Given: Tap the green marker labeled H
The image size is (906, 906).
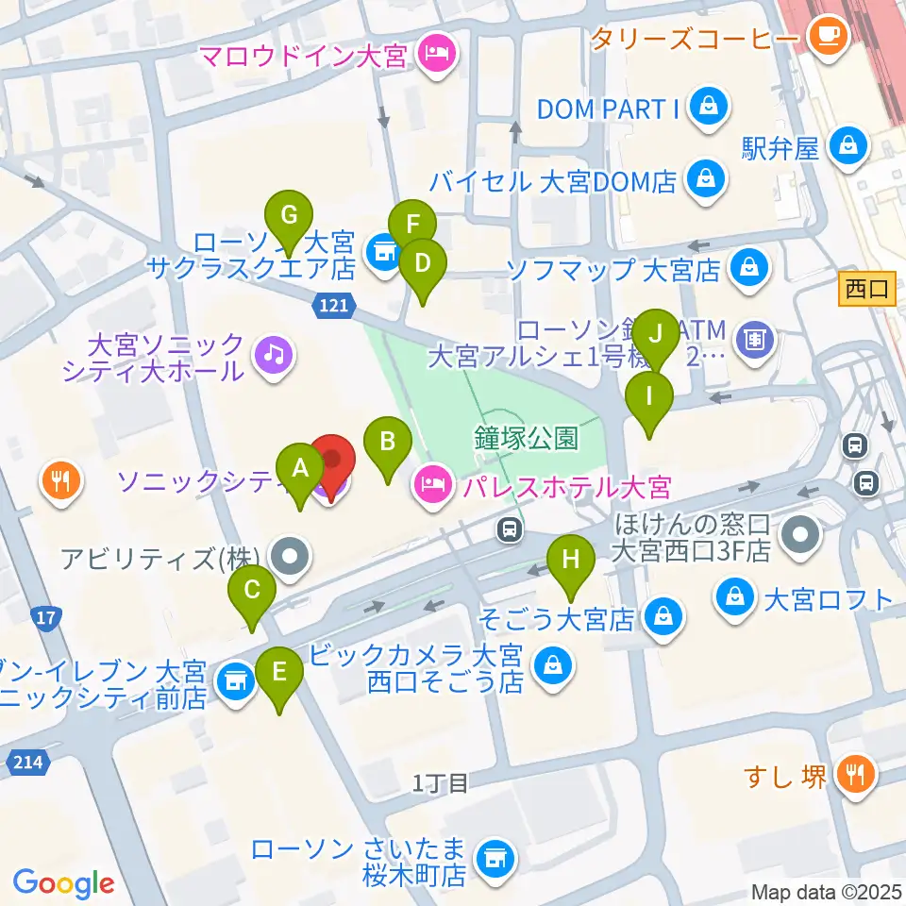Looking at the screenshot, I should tap(570, 559).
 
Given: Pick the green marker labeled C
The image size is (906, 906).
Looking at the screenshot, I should tap(252, 592).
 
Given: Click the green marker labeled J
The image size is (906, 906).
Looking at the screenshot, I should tap(656, 333).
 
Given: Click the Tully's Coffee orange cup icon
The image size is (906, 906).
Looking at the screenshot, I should tap(830, 37).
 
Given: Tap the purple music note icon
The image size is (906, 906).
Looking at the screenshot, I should tap(274, 356).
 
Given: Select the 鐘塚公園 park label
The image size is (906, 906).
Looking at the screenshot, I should tap(527, 438).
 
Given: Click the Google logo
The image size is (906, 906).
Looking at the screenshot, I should tap(64, 882).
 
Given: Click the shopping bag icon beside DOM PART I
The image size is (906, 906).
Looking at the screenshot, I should tap(707, 109).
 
